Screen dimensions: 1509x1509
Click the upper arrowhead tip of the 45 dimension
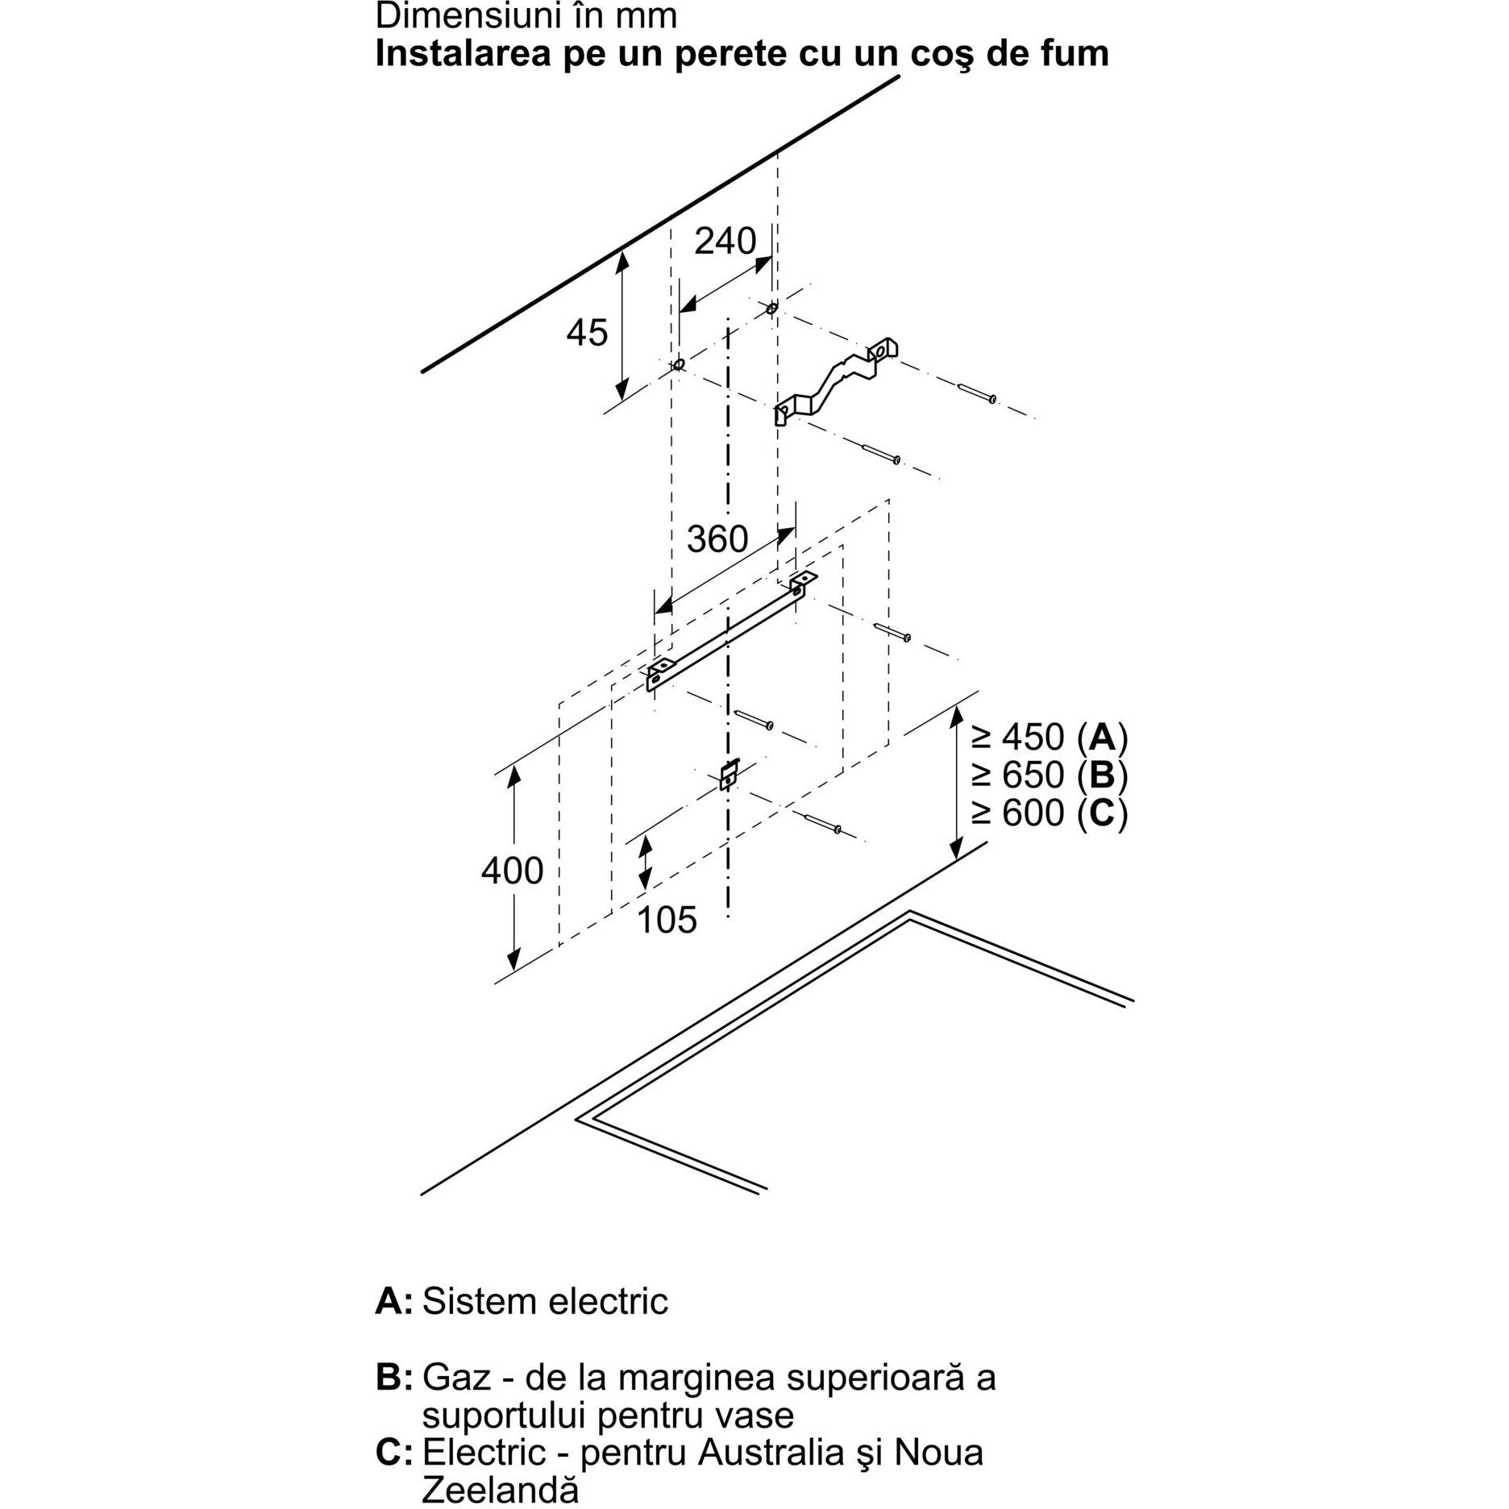pos(622,251)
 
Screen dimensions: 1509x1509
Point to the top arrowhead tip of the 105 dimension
pos(644,836)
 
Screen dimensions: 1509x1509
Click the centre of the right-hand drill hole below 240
pos(772,308)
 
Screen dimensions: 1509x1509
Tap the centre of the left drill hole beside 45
pos(679,364)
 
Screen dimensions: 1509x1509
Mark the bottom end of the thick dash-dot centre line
pos(729,917)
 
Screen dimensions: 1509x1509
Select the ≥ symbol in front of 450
pos(982,737)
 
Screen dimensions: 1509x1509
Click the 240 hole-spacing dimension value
pos(725,241)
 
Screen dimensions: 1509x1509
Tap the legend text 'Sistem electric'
pos(545,1301)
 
